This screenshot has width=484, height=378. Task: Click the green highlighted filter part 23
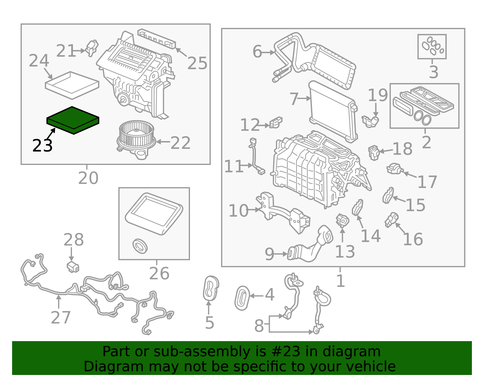tap(73, 120)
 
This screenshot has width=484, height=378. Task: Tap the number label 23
tap(42, 146)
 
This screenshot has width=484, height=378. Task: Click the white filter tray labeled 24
tap(72, 85)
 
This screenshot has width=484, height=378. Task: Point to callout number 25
tap(197, 63)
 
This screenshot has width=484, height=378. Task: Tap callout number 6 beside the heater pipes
tap(257, 52)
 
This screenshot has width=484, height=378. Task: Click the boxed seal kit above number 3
tap(432, 46)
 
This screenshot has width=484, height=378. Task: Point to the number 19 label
tap(378, 95)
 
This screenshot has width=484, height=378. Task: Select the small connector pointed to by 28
tap(73, 267)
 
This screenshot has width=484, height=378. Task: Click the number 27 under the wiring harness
tap(61, 317)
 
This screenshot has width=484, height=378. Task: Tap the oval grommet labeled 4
tap(242, 298)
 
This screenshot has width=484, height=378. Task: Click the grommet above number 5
tap(211, 288)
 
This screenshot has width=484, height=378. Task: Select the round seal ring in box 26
tap(140, 246)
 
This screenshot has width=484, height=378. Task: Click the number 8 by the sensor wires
tap(259, 326)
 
